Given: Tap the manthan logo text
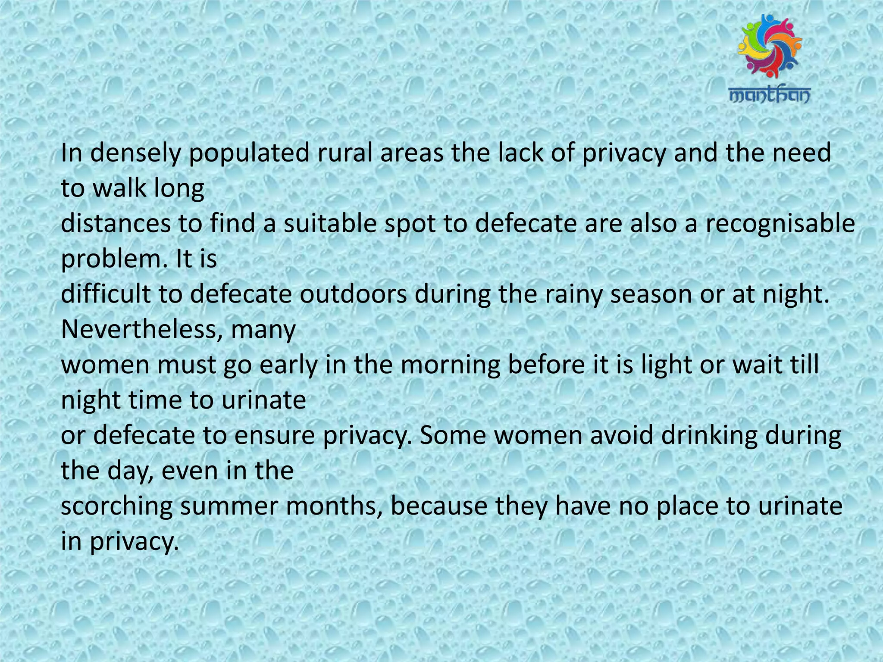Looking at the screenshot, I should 770,95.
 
